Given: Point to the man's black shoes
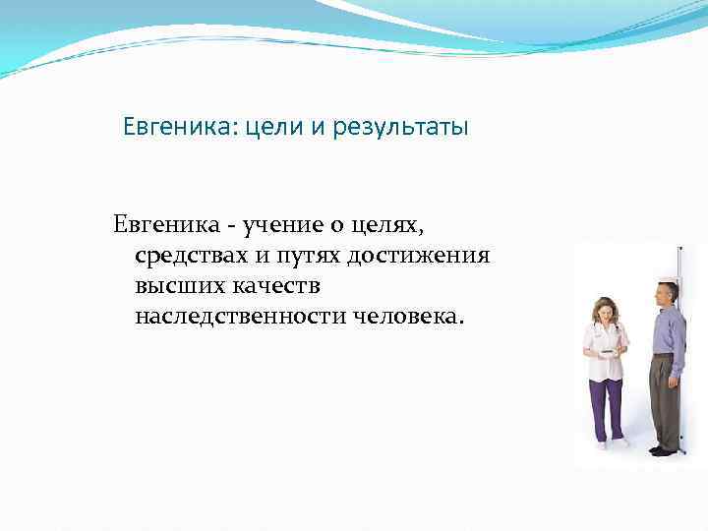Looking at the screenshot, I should click(665, 450).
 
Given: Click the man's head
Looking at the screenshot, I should click(667, 292).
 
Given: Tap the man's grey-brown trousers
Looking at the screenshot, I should click(665, 398).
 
